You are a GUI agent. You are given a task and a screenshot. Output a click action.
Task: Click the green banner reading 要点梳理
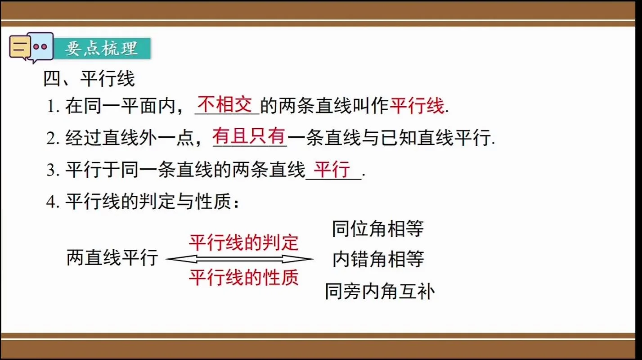(x=102, y=49)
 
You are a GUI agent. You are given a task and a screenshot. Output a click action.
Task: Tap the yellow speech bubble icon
(x=19, y=47)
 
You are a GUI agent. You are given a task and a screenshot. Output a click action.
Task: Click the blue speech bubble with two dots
(x=42, y=47)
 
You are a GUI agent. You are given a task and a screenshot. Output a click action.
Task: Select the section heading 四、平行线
(x=89, y=79)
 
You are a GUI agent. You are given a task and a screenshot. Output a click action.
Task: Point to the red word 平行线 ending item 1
(x=417, y=106)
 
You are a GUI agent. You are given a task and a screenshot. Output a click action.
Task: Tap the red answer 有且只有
(x=249, y=136)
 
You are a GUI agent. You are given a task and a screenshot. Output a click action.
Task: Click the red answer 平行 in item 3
(x=332, y=169)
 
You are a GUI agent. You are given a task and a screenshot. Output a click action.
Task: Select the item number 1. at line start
(x=53, y=107)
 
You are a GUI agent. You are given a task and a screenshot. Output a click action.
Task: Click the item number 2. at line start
(x=53, y=139)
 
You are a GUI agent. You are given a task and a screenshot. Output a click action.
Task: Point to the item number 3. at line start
(x=53, y=170)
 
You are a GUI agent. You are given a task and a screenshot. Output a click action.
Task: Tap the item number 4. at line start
(x=53, y=202)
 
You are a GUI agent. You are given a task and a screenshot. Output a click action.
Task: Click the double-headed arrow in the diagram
(x=240, y=259)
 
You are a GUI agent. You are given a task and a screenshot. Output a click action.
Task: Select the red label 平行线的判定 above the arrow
(x=243, y=243)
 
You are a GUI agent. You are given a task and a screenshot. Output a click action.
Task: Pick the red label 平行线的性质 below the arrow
(x=243, y=277)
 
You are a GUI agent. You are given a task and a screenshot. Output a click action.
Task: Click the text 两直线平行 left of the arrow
(x=112, y=257)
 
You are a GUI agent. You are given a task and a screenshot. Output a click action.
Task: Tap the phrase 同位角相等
(x=378, y=229)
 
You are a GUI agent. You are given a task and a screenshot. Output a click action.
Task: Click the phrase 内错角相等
(x=378, y=259)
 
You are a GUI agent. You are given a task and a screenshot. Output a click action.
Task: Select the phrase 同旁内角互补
(x=380, y=292)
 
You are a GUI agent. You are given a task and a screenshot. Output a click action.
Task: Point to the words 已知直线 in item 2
(x=417, y=138)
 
